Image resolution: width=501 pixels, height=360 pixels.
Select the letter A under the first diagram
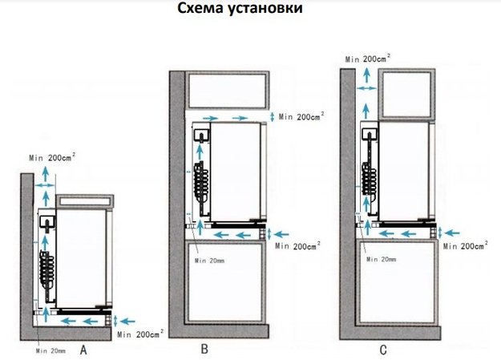83,350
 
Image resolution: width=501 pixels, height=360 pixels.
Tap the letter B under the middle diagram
205,350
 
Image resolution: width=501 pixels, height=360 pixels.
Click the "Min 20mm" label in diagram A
50,350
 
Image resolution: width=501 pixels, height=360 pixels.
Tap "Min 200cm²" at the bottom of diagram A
142,333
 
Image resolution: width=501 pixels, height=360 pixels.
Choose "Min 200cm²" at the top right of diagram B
299,118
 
